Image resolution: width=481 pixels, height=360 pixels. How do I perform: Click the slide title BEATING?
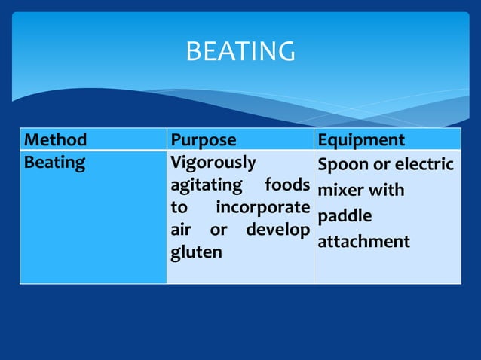pyautogui.click(x=240, y=52)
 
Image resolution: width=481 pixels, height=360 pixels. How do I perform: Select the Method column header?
pyautogui.click(x=56, y=140)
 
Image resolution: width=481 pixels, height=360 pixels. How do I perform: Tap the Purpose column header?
pyautogui.click(x=204, y=140)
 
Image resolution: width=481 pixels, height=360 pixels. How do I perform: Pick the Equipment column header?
pyautogui.click(x=361, y=140)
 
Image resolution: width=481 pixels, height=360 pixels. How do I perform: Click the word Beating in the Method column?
pyautogui.click(x=55, y=162)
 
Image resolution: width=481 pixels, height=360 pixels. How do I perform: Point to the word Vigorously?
pyautogui.click(x=213, y=162)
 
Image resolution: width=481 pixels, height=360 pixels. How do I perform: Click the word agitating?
pyautogui.click(x=206, y=185)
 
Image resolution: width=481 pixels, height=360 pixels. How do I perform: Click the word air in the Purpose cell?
pyautogui.click(x=181, y=229)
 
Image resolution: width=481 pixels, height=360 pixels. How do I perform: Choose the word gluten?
pyautogui.click(x=196, y=252)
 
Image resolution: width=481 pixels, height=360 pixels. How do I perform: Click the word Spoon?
pyautogui.click(x=343, y=165)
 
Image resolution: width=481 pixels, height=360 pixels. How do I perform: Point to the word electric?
pyautogui.click(x=425, y=165)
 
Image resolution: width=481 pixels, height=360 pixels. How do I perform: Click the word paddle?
pyautogui.click(x=345, y=217)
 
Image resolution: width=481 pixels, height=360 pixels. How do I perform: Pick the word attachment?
pyautogui.click(x=364, y=242)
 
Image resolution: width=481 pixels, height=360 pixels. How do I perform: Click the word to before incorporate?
pyautogui.click(x=181, y=207)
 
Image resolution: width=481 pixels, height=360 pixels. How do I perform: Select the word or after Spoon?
pyautogui.click(x=382, y=165)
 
